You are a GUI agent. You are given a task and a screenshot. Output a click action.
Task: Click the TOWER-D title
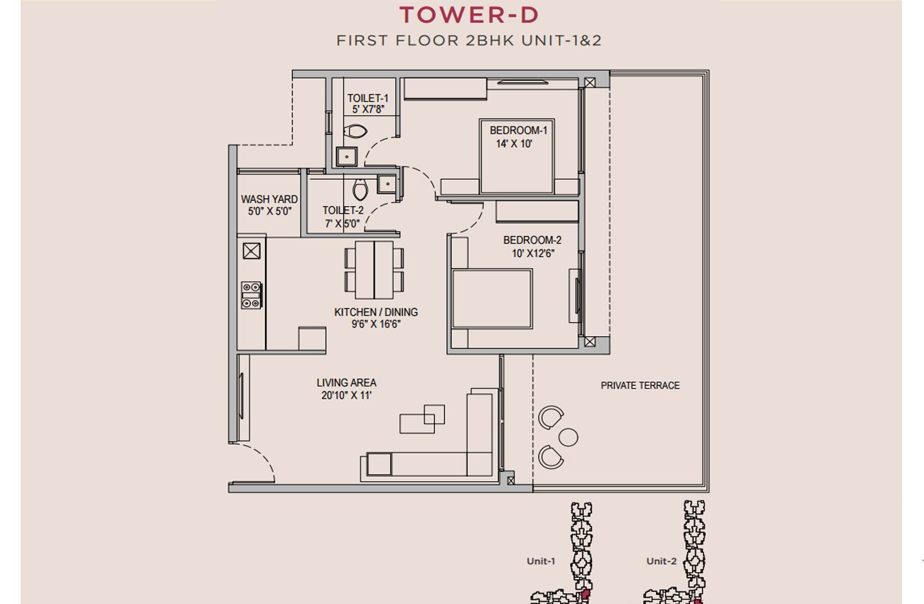click(469, 15)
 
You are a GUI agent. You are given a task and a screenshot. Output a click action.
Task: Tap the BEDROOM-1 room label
click(519, 130)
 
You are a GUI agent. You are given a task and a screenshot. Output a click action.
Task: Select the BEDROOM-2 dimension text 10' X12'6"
click(533, 253)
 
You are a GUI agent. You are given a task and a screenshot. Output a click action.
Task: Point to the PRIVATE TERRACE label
click(640, 385)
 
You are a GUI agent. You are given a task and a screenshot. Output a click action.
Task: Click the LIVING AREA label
click(347, 382)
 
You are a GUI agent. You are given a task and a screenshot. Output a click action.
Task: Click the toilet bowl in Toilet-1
click(355, 131)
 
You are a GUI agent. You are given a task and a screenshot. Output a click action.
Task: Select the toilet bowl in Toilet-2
click(360, 190)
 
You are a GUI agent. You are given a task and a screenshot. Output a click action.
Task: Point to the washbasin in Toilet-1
click(347, 156)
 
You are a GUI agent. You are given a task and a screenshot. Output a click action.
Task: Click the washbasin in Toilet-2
click(387, 184)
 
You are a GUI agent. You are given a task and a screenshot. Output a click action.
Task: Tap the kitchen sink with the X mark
click(252, 251)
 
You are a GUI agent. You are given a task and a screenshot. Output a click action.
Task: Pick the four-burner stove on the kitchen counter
click(251, 295)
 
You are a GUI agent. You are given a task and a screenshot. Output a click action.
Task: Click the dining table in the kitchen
click(374, 270)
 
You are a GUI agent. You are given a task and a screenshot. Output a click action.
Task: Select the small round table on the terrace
click(568, 437)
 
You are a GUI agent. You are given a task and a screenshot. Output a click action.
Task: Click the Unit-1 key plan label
click(541, 561)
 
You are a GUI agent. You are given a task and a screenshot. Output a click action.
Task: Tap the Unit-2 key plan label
click(661, 561)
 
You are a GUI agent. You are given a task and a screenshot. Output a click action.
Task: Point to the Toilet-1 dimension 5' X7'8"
click(368, 109)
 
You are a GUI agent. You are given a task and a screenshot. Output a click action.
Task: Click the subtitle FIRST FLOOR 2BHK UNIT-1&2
click(469, 41)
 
